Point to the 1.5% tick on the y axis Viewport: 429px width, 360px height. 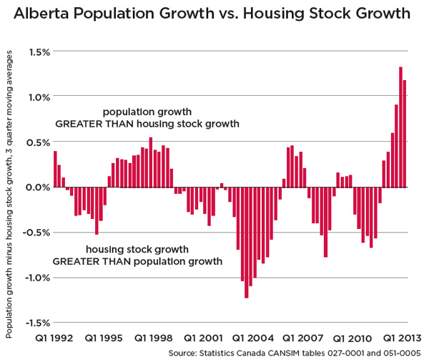click(x=39, y=52)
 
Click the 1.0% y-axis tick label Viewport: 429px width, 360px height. click(x=39, y=97)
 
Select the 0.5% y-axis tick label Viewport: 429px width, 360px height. click(x=39, y=142)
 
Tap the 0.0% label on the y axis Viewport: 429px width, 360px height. click(x=39, y=187)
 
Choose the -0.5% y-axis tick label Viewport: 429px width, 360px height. click(x=37, y=232)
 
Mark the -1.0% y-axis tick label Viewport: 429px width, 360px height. click(x=37, y=277)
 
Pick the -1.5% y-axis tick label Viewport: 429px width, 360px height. click(x=37, y=322)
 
